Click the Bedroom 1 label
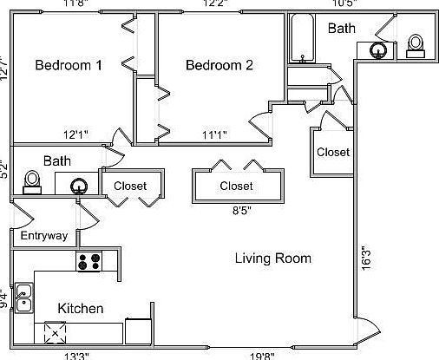[x=69, y=66]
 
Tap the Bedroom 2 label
[x=219, y=66]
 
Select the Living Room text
[x=273, y=258]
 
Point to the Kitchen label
[x=81, y=309]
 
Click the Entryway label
[x=43, y=236]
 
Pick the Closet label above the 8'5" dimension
[x=236, y=186]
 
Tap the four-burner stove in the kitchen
[x=89, y=260]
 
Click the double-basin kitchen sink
[x=23, y=298]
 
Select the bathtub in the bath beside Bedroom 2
[x=302, y=39]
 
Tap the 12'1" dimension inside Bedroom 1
[x=75, y=134]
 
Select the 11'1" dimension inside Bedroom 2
[x=215, y=134]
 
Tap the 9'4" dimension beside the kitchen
[x=4, y=299]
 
